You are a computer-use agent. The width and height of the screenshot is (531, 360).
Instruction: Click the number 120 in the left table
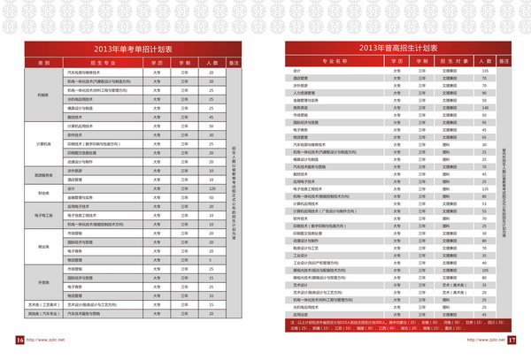click(x=212, y=188)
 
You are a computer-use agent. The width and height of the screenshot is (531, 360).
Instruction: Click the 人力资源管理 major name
click(x=301, y=93)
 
